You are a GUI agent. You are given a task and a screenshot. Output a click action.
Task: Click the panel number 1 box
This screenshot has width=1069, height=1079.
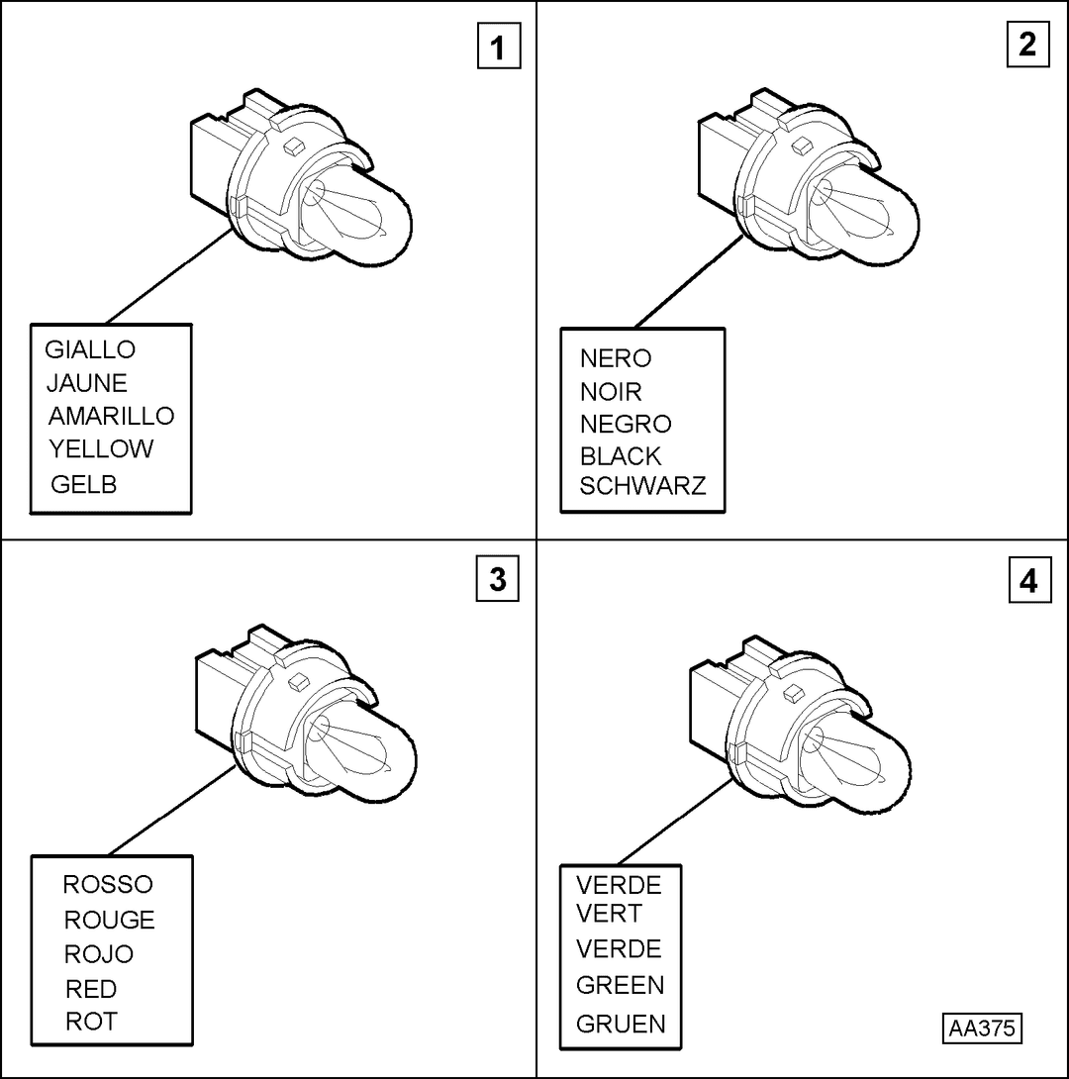[499, 47]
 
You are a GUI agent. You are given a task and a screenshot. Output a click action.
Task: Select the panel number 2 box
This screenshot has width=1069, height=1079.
[1027, 45]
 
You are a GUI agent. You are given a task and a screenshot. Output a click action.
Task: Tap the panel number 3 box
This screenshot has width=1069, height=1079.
[497, 579]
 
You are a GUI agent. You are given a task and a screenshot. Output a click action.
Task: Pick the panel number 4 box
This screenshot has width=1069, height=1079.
[1029, 580]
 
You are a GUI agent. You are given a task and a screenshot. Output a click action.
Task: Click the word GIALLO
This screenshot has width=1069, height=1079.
[90, 349]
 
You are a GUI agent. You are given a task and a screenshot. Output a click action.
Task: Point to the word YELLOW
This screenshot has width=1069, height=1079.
[101, 448]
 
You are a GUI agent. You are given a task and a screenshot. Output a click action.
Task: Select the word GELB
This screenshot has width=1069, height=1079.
[84, 484]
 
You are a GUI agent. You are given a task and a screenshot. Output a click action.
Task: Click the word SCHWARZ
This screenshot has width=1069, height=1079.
[642, 486]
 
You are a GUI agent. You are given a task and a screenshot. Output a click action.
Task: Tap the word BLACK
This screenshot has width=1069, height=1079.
[621, 456]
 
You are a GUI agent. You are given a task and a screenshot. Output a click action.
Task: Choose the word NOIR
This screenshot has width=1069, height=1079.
[611, 392]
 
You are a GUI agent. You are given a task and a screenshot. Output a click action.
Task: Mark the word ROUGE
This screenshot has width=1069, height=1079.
[110, 920]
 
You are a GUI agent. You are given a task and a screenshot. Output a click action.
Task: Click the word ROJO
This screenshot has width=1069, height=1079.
[98, 953]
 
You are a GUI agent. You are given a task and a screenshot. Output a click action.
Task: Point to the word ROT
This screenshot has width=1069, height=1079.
[91, 1022]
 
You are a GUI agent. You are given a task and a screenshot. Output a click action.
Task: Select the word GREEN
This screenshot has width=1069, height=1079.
[621, 985]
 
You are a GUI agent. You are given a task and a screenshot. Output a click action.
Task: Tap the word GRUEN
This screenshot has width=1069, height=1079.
[622, 1024]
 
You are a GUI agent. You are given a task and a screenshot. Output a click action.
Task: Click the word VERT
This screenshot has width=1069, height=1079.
[609, 913]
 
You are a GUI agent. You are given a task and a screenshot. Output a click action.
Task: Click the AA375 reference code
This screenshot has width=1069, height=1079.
[982, 1029]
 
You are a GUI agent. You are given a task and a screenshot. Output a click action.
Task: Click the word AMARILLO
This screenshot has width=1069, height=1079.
[112, 416]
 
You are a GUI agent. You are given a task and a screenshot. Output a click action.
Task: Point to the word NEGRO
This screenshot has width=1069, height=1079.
[626, 424]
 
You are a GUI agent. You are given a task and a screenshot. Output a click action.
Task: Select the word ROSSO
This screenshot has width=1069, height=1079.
[108, 884]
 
